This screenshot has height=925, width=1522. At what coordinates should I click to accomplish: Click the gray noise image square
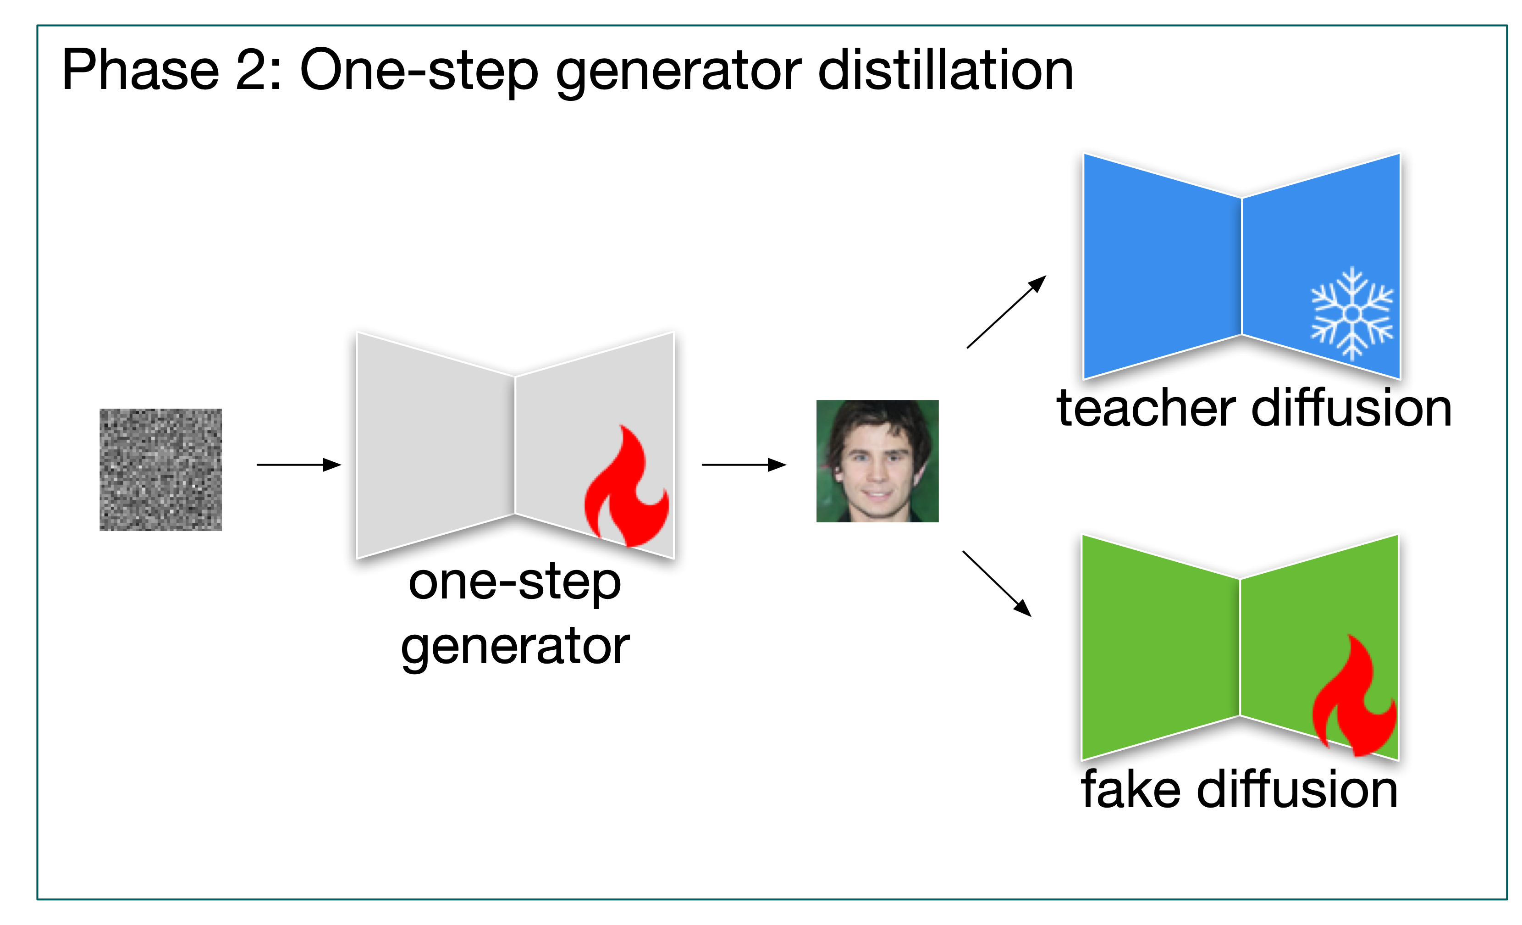pos(160,470)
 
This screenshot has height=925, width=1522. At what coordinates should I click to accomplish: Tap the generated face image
pos(877,461)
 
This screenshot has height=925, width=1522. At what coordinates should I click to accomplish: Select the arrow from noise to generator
pos(299,465)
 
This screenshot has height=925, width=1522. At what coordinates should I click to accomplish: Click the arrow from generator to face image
pos(744,465)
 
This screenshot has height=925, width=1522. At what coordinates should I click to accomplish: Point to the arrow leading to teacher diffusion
pos(1007,311)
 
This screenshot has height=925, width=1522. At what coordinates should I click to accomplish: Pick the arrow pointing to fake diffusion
pos(997,584)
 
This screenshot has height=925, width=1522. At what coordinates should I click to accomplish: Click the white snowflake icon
pos(1352,313)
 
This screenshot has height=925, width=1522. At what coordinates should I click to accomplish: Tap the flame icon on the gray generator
pos(626,486)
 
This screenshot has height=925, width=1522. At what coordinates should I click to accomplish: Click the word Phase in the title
pos(141,71)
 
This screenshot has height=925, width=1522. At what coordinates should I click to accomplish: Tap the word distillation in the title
pos(946,71)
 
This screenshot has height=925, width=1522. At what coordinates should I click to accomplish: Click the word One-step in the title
pos(419,73)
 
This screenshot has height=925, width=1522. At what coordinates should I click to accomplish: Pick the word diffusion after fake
pos(1297,789)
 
